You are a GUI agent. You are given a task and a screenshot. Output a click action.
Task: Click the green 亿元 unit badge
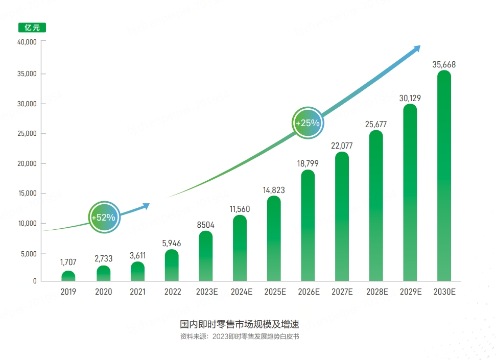point(32,28)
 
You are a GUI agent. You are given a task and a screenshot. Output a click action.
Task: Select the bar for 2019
point(68,276)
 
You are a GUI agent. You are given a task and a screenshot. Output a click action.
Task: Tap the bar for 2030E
point(444,176)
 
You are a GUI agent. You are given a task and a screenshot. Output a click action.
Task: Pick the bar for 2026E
point(308,226)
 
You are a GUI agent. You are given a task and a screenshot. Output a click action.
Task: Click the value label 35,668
point(444,65)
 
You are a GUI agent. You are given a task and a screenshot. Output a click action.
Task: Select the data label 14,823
point(274,190)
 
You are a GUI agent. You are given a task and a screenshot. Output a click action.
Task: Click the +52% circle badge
point(104,217)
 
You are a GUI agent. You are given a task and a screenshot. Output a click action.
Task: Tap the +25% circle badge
point(308,123)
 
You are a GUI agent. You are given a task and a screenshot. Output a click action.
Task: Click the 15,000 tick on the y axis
point(27,194)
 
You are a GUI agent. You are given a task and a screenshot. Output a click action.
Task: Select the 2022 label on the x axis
point(172,292)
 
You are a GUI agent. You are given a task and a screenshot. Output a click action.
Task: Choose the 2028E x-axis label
point(376,292)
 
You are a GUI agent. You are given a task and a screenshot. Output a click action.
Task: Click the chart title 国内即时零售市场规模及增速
point(239,324)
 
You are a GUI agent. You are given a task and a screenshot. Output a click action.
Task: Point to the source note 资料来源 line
point(239,337)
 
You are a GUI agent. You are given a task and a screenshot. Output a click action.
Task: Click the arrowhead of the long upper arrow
point(417,49)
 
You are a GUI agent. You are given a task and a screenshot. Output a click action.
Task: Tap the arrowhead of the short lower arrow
point(146,206)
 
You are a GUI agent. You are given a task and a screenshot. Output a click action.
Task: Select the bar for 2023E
point(205,256)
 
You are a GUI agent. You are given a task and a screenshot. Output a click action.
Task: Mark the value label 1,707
point(68,262)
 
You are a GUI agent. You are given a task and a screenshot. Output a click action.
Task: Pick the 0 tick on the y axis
point(35,281)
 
